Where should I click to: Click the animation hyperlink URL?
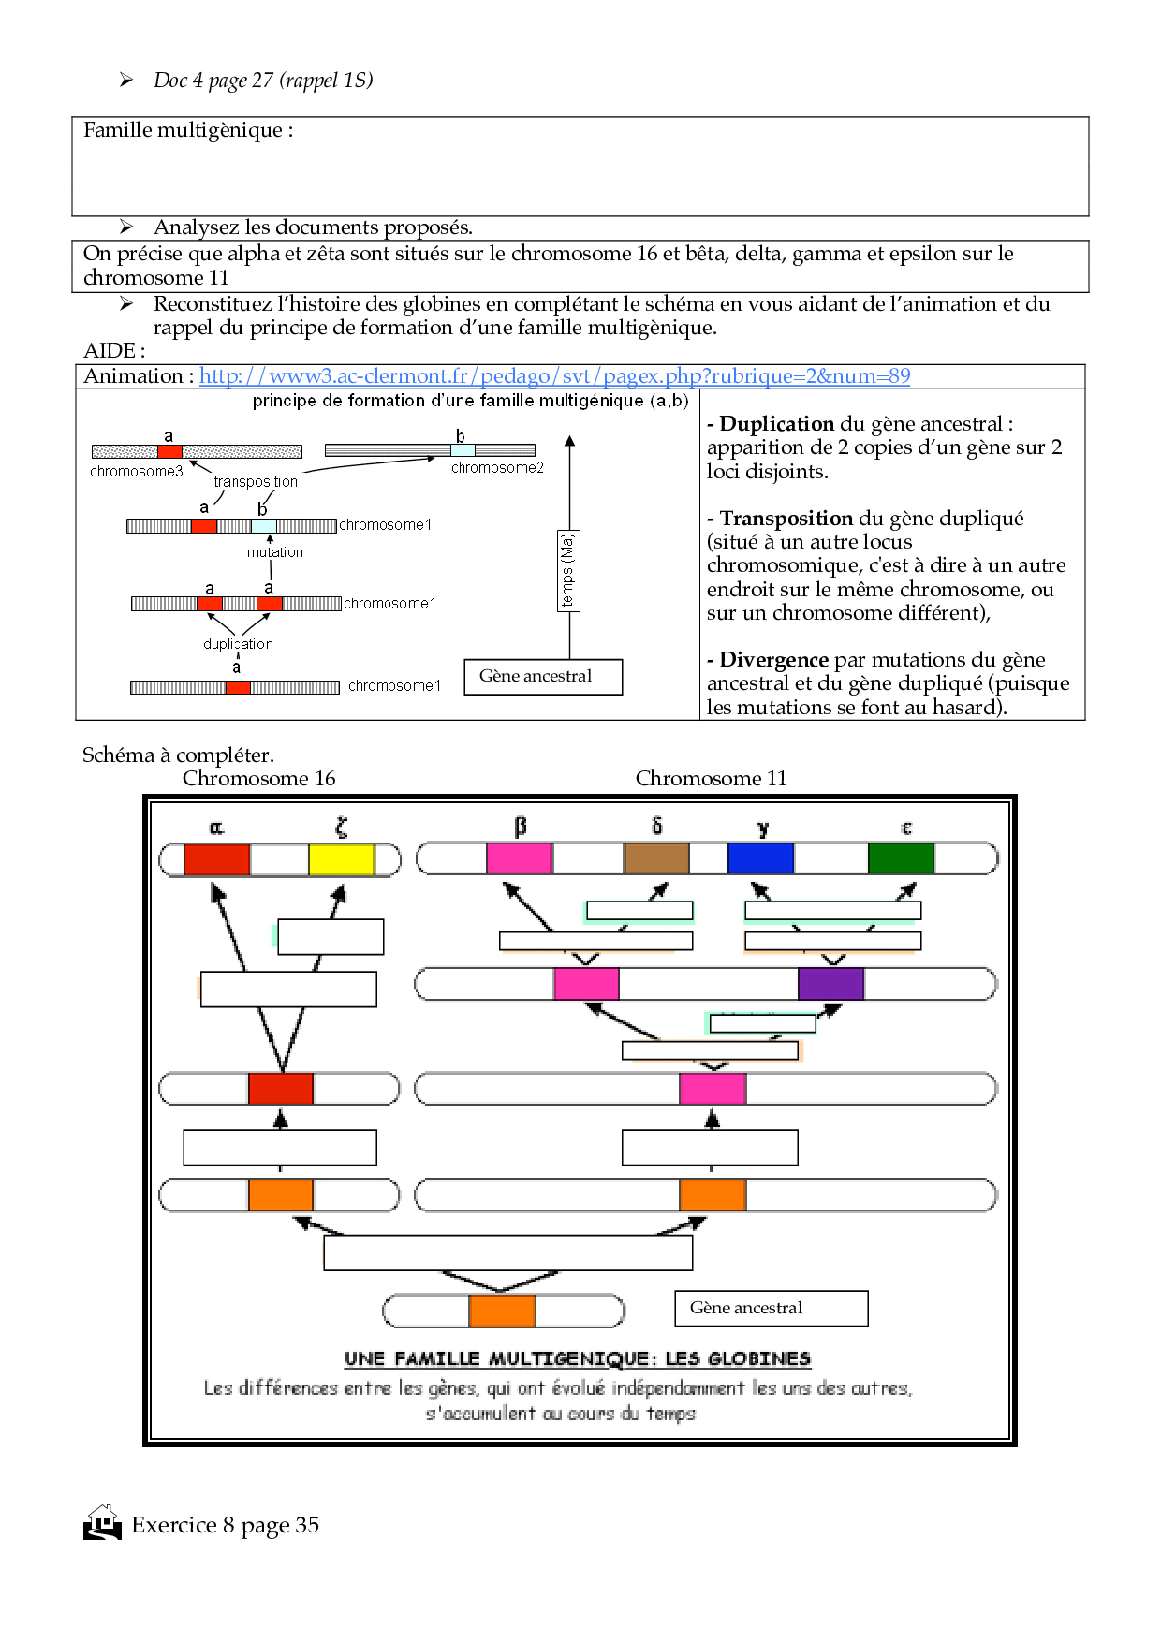pyautogui.click(x=554, y=376)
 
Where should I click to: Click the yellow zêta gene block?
pyautogui.click(x=341, y=859)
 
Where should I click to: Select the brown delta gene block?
pyautogui.click(x=656, y=858)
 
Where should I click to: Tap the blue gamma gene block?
pyautogui.click(x=760, y=858)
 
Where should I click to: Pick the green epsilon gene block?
pyautogui.click(x=901, y=858)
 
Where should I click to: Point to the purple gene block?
pyautogui.click(x=830, y=984)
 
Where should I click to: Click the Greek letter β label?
pyautogui.click(x=521, y=827)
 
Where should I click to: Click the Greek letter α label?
pyautogui.click(x=216, y=828)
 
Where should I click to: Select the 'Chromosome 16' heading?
pyautogui.click(x=258, y=779)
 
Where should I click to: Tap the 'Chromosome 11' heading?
pyautogui.click(x=711, y=779)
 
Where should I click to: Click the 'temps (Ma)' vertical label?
pyautogui.click(x=567, y=571)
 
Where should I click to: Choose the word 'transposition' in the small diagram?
pyautogui.click(x=256, y=482)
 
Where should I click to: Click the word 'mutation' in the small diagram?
pyautogui.click(x=275, y=552)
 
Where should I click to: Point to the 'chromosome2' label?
pyautogui.click(x=497, y=468)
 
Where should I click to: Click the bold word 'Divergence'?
pyautogui.click(x=773, y=660)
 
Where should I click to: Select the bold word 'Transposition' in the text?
pyautogui.click(x=786, y=519)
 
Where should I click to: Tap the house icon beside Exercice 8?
pyautogui.click(x=102, y=1523)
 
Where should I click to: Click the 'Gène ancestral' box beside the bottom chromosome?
pyautogui.click(x=771, y=1308)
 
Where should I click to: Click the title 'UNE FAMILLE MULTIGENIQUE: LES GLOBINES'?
pyautogui.click(x=577, y=1358)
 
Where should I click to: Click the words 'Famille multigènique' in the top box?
pyautogui.click(x=183, y=130)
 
